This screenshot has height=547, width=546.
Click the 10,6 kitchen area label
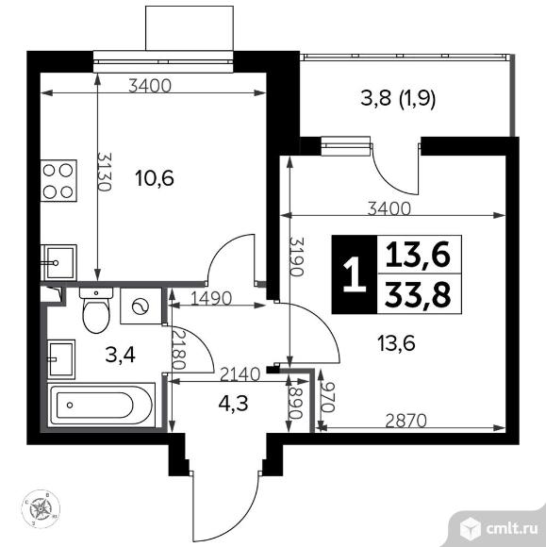tap(154, 176)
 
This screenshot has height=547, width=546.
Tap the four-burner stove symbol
tap(59, 180)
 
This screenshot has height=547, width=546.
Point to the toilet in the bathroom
tap(96, 311)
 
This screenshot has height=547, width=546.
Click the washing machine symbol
tap(141, 307)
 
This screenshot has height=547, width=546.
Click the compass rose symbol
tap(42, 509)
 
